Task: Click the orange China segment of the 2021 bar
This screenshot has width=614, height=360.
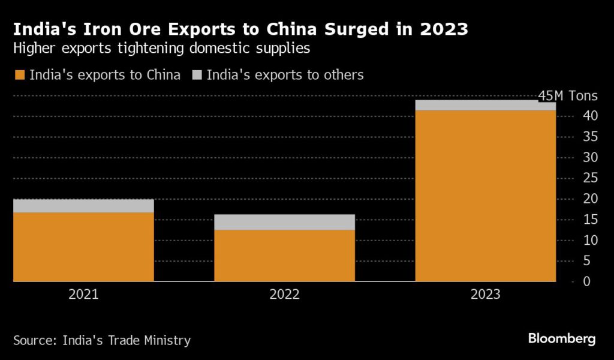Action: (x=83, y=247)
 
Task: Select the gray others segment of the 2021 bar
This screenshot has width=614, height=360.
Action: (x=83, y=206)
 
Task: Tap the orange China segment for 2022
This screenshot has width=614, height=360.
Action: (x=284, y=255)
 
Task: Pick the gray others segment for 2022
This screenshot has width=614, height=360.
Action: (x=284, y=222)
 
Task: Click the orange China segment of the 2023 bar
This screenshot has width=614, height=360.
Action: (x=485, y=196)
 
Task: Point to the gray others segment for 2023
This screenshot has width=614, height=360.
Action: (x=485, y=106)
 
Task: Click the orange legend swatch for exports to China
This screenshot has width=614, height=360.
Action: (x=20, y=75)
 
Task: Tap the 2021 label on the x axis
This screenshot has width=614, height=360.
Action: (x=83, y=295)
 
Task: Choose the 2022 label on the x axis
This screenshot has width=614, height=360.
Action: (x=284, y=295)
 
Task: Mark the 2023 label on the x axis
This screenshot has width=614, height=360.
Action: (x=485, y=295)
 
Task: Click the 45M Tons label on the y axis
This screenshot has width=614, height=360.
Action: (x=568, y=96)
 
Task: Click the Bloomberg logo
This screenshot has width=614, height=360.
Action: (x=562, y=339)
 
